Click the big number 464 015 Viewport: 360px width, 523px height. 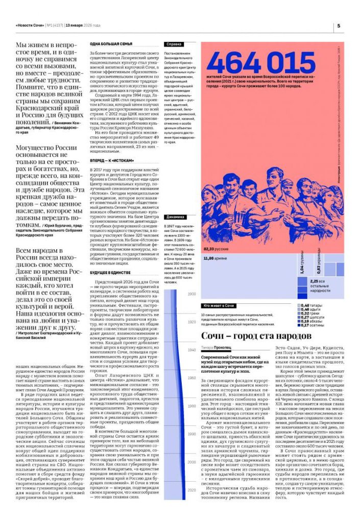(254, 63)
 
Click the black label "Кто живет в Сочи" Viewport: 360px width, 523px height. (219, 305)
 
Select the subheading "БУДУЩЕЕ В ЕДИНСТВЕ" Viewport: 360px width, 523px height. (109, 273)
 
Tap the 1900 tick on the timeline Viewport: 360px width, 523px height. (191, 295)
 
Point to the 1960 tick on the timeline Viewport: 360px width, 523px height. (191, 378)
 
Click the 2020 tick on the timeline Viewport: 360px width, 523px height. (191, 490)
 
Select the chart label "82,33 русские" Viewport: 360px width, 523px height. (215, 249)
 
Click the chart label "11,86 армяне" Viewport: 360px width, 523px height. (215, 258)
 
